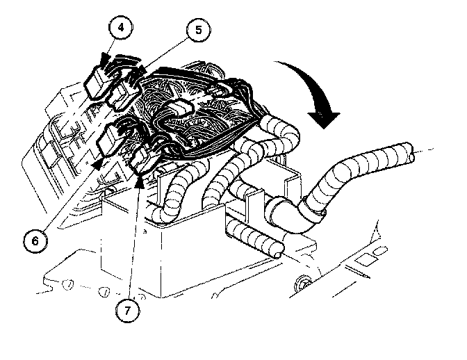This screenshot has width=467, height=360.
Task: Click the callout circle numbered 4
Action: tap(120, 27)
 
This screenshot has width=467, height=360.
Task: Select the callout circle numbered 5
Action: tap(198, 30)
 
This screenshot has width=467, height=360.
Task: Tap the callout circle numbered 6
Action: tap(35, 240)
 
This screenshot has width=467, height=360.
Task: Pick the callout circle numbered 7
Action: tap(127, 311)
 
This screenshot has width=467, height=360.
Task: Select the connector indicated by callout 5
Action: tap(123, 94)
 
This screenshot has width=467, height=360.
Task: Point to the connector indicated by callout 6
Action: tap(110, 138)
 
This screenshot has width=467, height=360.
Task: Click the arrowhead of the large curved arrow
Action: tap(324, 120)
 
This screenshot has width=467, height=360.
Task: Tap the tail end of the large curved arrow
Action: tap(275, 63)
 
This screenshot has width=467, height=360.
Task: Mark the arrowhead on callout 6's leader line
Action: tap(97, 165)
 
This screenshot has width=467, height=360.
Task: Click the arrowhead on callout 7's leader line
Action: tap(140, 183)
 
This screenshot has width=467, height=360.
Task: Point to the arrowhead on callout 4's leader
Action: tap(104, 59)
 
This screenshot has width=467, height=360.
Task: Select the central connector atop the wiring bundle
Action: tap(179, 107)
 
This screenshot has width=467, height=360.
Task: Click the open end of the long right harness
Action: tap(411, 152)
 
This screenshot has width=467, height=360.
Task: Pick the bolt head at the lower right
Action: tap(302, 284)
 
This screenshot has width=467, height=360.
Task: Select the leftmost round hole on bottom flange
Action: tap(67, 284)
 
